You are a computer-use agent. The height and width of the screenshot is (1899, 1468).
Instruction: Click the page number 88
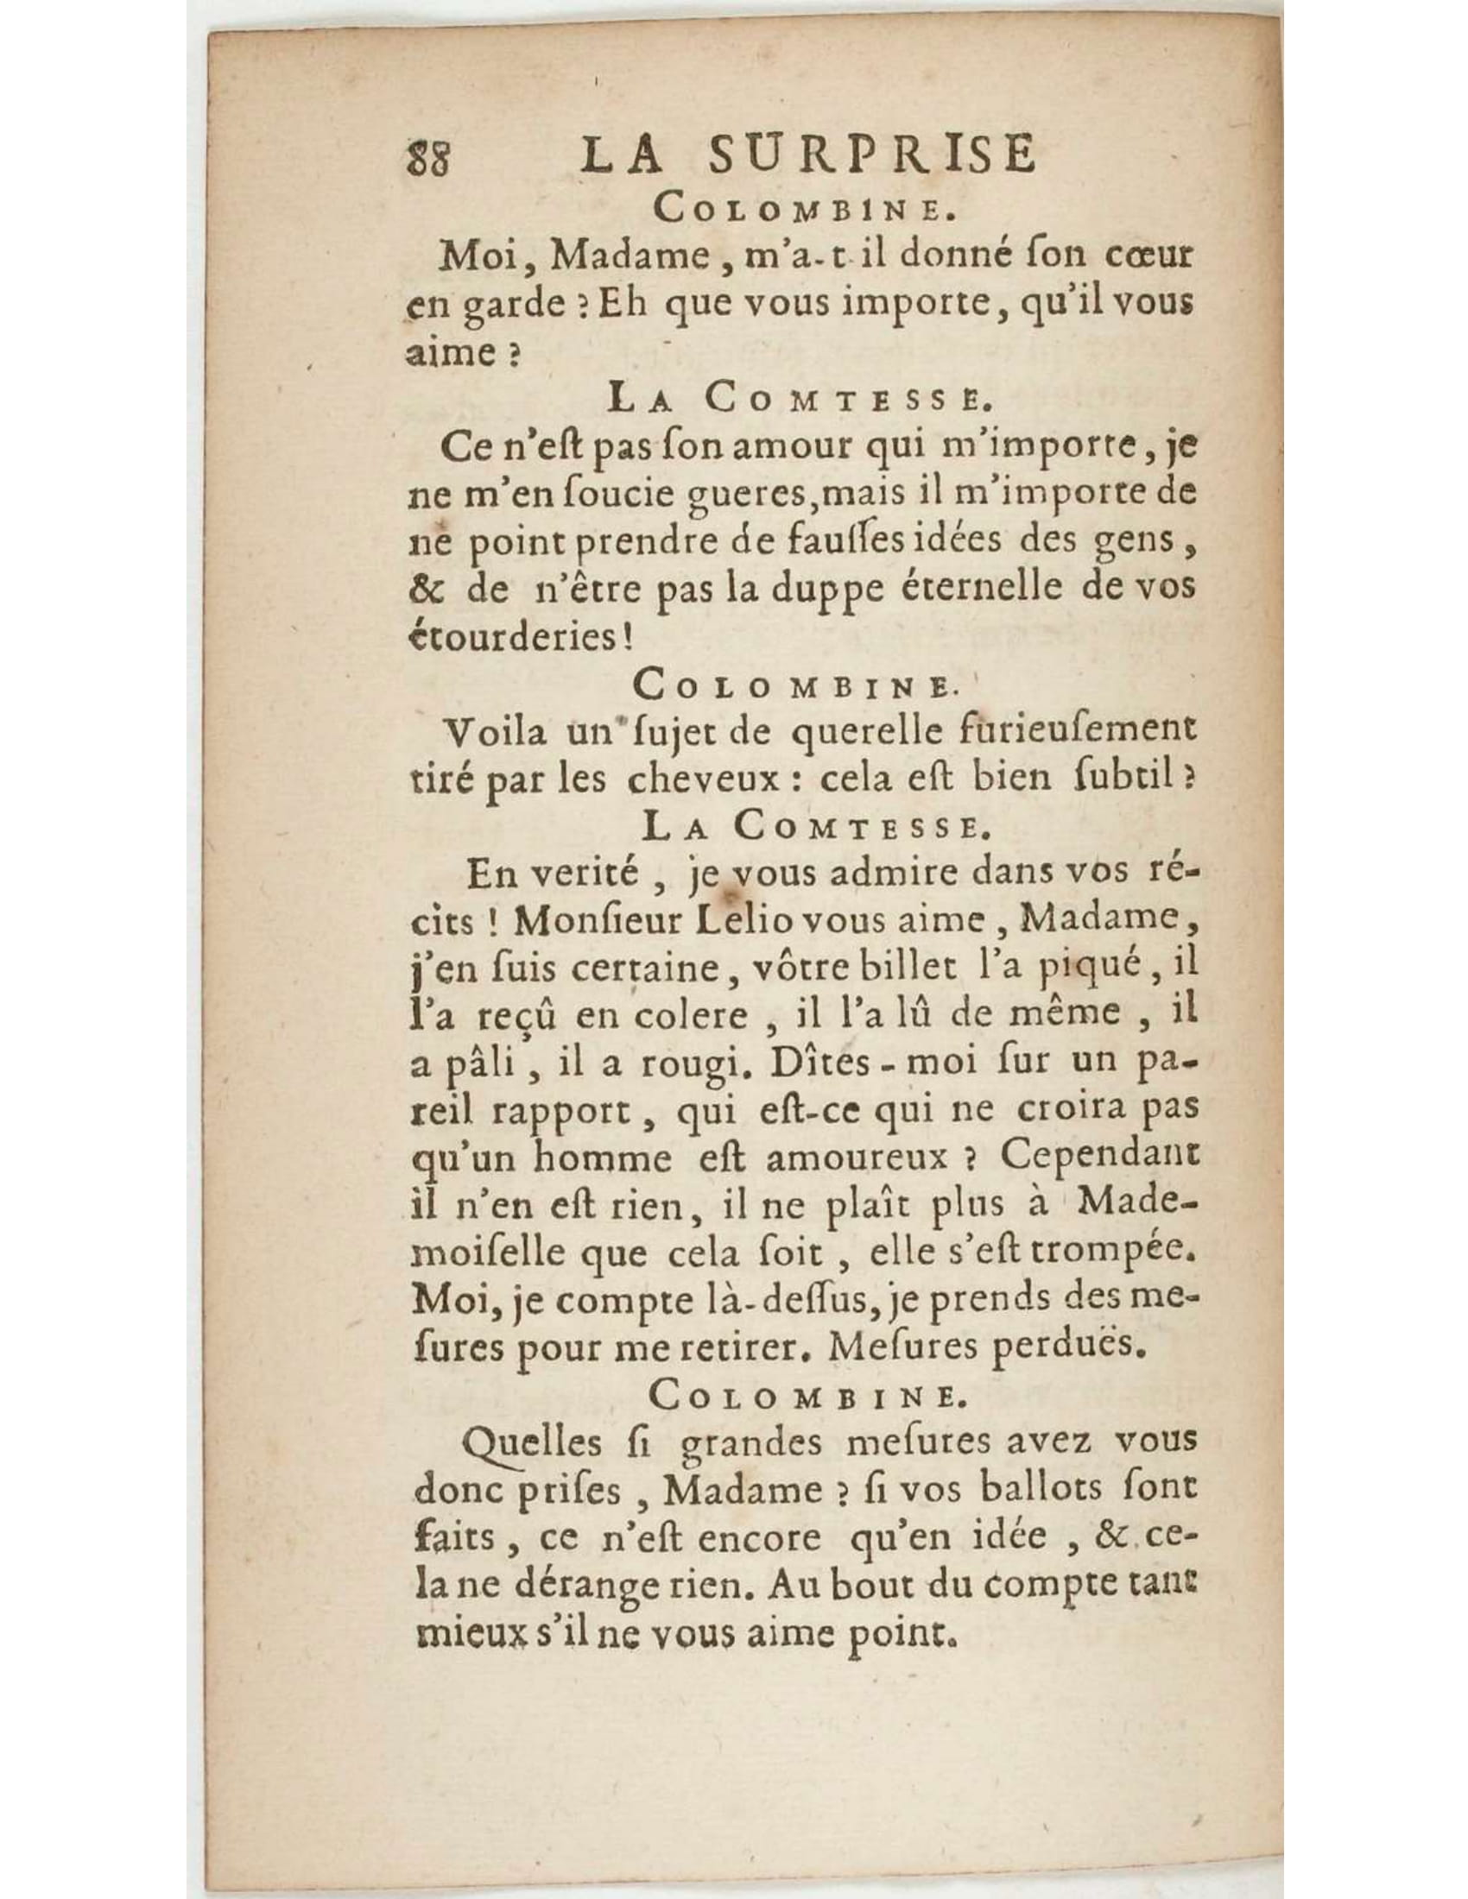427,158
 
